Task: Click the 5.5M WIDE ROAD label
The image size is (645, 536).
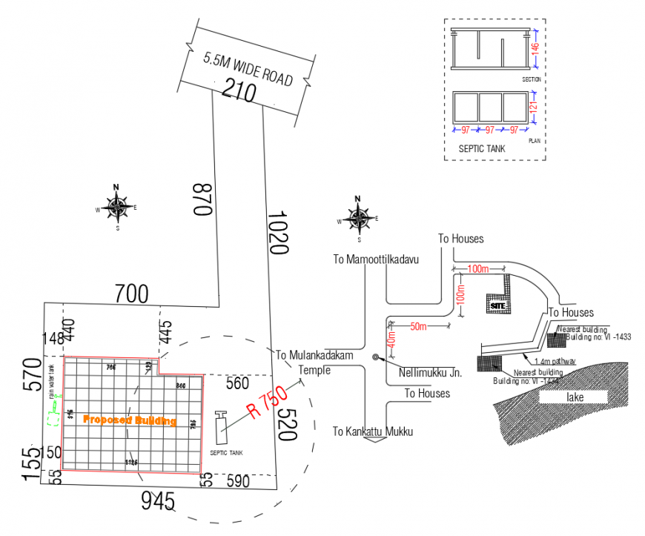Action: (x=248, y=68)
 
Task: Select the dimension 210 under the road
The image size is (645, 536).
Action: (x=239, y=92)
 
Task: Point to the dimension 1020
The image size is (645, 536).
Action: (x=277, y=233)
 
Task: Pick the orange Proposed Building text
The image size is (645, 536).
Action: (x=130, y=420)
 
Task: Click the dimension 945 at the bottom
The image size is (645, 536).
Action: (x=158, y=502)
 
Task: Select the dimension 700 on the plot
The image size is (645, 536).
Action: (x=131, y=294)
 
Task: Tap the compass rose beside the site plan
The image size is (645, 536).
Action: (x=116, y=207)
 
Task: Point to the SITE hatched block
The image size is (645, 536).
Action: (x=497, y=303)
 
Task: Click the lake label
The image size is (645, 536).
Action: (x=575, y=397)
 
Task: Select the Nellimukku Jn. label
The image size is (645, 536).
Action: (x=430, y=373)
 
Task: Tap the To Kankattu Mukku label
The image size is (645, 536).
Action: (x=371, y=431)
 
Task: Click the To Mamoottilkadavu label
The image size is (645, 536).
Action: (x=376, y=259)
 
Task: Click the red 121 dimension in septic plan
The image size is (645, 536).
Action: (x=532, y=107)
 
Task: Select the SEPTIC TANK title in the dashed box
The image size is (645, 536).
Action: (x=481, y=149)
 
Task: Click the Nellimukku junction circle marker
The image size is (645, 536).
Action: (x=375, y=358)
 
